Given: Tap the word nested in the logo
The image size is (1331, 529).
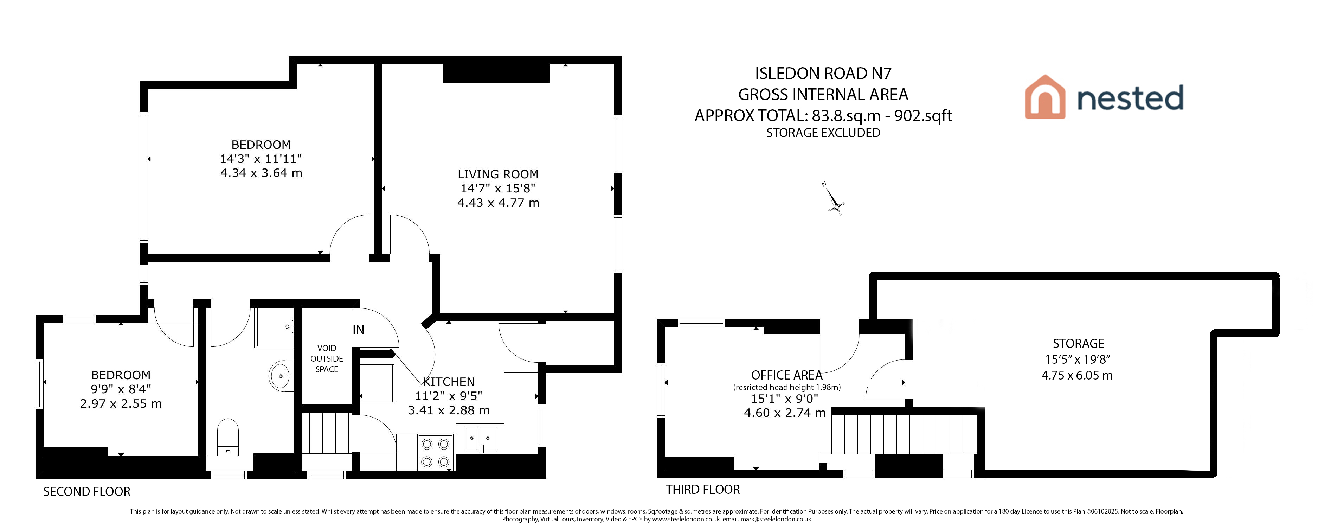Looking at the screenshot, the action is tap(1130, 98).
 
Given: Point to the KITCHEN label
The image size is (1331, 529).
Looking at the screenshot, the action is tap(449, 382).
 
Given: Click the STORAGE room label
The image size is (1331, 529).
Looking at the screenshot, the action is tap(1078, 343).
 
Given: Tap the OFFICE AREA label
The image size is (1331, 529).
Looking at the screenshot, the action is tap(786, 375).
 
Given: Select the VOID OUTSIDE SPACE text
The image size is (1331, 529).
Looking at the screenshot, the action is tap(327, 359).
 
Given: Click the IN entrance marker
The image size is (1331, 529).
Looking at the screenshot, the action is tap(358, 330).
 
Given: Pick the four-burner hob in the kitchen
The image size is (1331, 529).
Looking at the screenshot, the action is tap(435, 452).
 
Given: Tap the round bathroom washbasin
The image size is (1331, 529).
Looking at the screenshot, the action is tap(281, 375).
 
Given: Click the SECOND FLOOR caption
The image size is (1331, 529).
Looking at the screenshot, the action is tap(87, 492).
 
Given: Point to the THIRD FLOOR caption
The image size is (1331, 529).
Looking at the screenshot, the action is tap(703, 489).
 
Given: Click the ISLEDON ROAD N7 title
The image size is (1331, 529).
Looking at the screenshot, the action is tap(823, 74).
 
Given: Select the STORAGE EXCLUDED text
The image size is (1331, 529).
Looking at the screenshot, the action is tap(823, 133).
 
